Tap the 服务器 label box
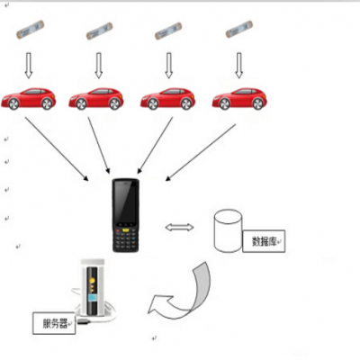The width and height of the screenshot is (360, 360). (53, 321)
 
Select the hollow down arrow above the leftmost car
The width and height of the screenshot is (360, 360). (29, 65)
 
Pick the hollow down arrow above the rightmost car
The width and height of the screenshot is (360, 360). (238, 65)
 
